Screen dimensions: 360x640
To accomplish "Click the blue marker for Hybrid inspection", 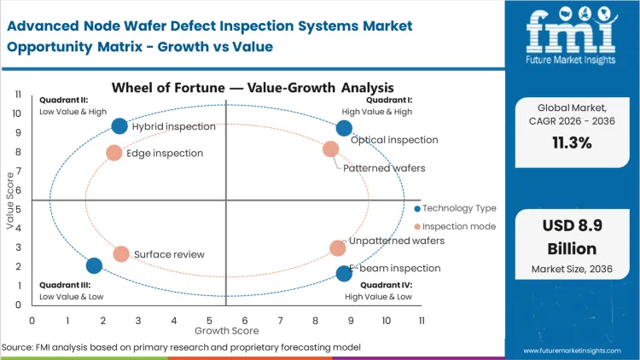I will point(119,126).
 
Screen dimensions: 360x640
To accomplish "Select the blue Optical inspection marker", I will point(344,128).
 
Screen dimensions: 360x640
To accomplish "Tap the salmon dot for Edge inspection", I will point(113,153).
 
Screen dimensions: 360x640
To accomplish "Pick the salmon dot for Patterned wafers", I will point(331,149).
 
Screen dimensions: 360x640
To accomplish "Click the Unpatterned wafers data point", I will point(338,248).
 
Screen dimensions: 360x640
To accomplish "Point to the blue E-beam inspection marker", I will point(344,273).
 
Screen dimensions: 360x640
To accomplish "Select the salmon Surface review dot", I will point(121,254).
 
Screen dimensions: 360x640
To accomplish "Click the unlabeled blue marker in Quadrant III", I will point(95,265).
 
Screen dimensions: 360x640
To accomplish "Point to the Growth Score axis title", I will point(226,329).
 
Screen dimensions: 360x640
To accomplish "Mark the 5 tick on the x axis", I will point(209,320).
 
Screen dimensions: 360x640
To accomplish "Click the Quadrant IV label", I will point(387,284).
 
